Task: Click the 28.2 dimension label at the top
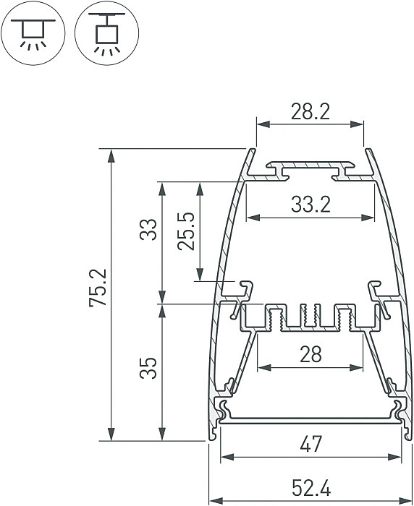310,111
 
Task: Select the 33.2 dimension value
310,205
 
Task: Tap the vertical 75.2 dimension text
98,288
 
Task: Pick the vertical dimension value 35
148,368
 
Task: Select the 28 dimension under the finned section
310,354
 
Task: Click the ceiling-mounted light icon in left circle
33,33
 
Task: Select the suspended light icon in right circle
108,33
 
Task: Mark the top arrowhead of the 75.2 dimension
111,154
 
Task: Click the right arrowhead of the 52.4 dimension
408,500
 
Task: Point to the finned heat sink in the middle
310,318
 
